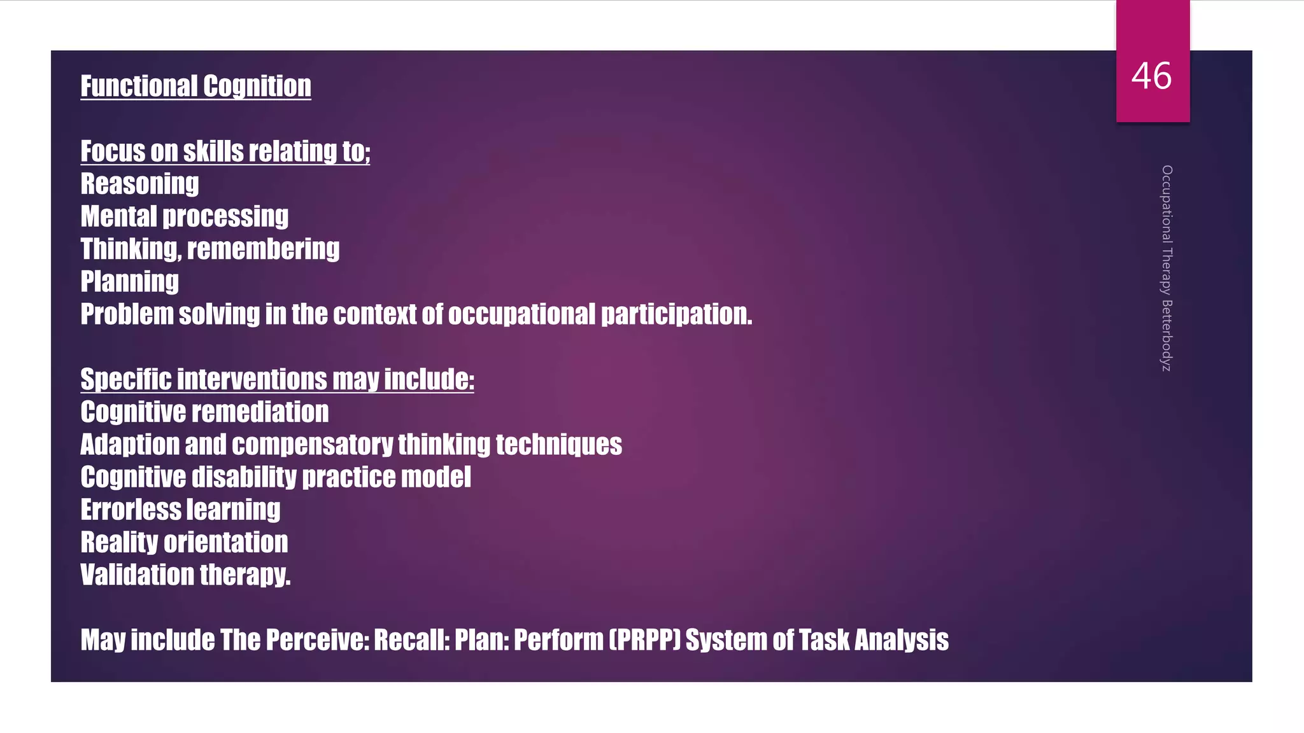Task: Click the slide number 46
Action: [1151, 76]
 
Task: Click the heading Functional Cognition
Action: [195, 87]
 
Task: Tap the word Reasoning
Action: [139, 184]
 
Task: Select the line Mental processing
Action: [184, 216]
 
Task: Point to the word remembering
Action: [263, 249]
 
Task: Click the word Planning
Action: [129, 281]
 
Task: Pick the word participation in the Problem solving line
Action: [676, 314]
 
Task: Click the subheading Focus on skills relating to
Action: [225, 151]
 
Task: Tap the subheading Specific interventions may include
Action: [277, 379]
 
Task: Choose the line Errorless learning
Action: [180, 510]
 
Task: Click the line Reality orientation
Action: [184, 542]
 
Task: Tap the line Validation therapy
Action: [185, 575]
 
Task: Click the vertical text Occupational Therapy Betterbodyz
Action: [1166, 268]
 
